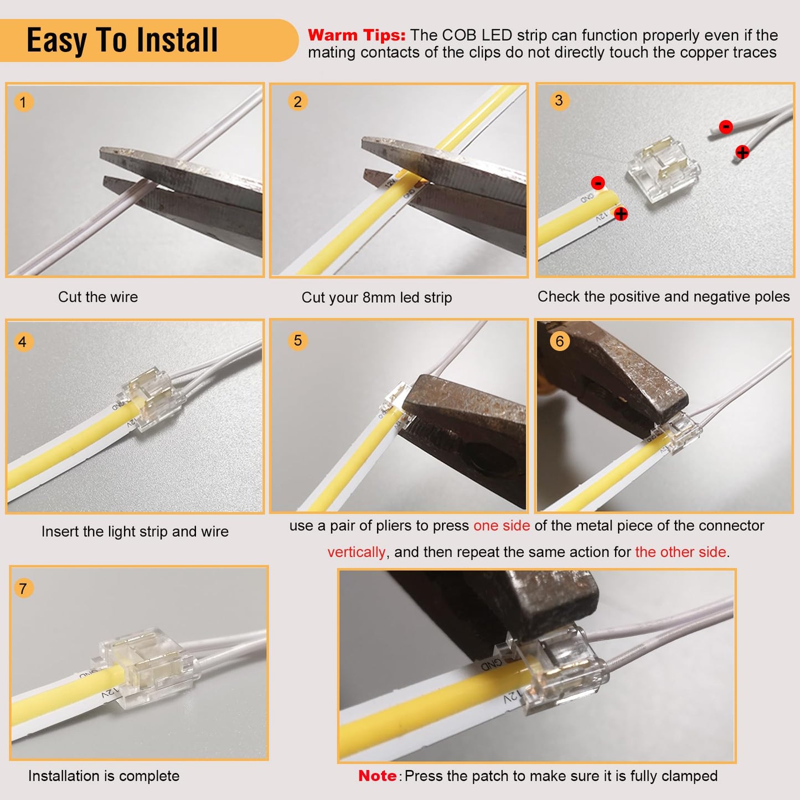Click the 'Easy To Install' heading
(x=122, y=40)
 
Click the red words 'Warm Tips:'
(x=357, y=35)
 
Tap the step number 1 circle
(x=23, y=102)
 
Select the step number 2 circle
(x=298, y=102)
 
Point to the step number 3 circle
(x=559, y=101)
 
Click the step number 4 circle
(x=23, y=342)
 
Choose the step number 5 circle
(x=298, y=340)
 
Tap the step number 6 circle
(x=560, y=341)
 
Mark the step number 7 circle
(x=23, y=588)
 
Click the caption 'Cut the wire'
(x=98, y=297)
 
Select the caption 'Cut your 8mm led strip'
(x=376, y=298)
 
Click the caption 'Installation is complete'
(x=104, y=776)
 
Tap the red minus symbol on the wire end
(x=726, y=127)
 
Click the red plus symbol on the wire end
(x=742, y=152)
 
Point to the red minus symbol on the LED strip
(x=598, y=183)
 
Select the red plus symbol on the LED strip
(x=621, y=214)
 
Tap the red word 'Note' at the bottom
(x=377, y=776)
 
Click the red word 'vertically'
(x=356, y=553)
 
